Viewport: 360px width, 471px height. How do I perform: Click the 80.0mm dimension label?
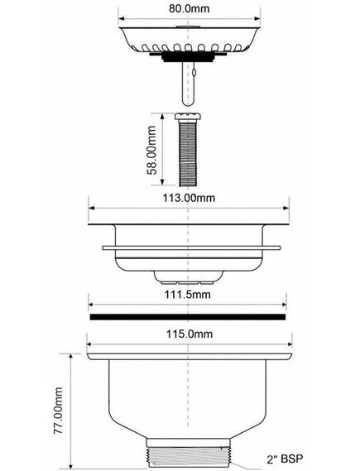point(189,8)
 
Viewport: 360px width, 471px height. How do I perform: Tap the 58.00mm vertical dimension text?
point(152,150)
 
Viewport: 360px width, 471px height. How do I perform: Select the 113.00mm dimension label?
point(189,198)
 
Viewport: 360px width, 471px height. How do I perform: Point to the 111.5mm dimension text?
point(187,294)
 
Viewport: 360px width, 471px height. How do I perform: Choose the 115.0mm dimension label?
point(190,334)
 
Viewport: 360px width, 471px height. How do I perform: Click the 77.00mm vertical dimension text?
point(58,411)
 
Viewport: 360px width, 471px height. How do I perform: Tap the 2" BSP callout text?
point(285,459)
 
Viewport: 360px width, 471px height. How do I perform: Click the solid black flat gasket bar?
point(188,317)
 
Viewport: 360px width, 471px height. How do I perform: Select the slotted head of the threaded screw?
point(188,116)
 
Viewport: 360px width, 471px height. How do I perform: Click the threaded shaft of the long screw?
point(188,152)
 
